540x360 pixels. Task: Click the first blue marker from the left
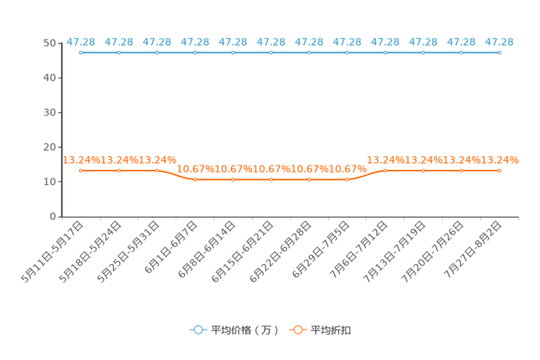point(81,52)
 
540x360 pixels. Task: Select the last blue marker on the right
point(499,52)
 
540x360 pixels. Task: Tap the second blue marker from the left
point(119,52)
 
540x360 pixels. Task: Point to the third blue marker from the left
point(157,52)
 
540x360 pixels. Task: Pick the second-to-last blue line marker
point(461,52)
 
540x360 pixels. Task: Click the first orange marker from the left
point(81,170)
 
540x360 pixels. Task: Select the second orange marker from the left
point(119,170)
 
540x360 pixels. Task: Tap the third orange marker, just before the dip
point(157,170)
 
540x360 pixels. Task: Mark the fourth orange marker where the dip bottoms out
point(195,179)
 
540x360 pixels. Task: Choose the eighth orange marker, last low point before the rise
point(347,179)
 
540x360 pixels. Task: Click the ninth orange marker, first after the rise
point(385,170)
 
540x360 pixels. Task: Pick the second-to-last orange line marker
point(461,170)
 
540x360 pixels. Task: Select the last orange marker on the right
point(499,170)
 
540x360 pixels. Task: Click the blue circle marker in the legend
point(197,330)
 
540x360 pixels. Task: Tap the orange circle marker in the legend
point(298,330)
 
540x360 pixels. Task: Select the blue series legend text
point(244,330)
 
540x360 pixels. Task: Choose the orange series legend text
point(332,330)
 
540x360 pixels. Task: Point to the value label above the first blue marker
point(79,41)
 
